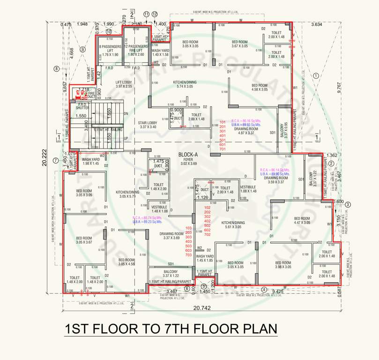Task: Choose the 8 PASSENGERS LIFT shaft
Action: coord(111,51)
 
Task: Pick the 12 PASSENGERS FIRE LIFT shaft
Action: coord(136,50)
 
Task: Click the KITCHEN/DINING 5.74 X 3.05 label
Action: coord(185,84)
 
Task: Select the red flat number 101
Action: coord(223,122)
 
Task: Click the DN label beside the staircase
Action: coord(126,113)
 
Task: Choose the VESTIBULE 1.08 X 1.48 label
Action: coord(248,189)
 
